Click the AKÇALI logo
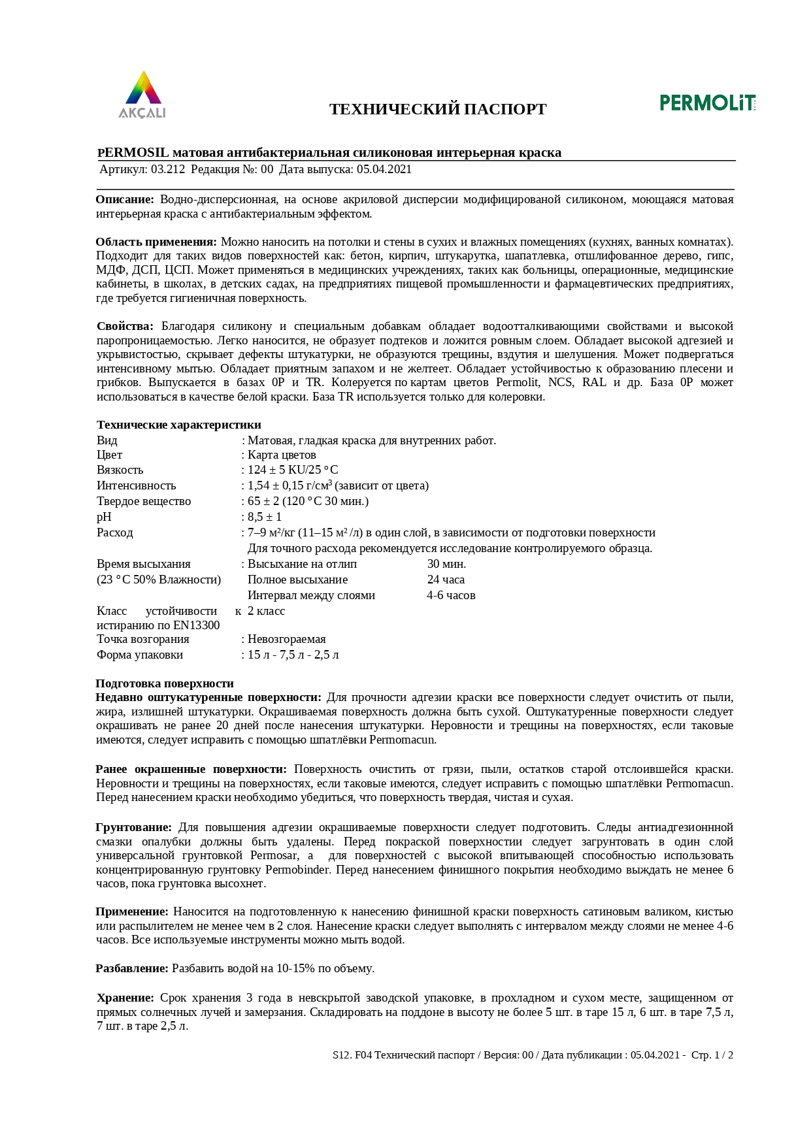point(142,95)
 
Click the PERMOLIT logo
point(708,103)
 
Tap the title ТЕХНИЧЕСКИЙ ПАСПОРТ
point(438,109)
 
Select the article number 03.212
point(168,169)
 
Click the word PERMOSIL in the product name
point(133,153)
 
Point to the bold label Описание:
point(125,199)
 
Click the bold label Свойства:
point(125,326)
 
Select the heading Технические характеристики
point(179,425)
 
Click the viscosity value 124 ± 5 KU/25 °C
point(293,470)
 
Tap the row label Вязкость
point(120,470)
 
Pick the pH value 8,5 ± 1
point(265,517)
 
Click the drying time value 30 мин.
point(446,564)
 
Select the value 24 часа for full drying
point(446,580)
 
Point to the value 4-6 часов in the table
point(451,595)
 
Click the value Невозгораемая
point(286,639)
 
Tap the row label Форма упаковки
point(140,655)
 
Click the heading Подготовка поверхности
point(165,683)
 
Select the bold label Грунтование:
point(134,827)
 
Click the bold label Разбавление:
point(132,968)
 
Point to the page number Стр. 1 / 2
point(712,1055)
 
